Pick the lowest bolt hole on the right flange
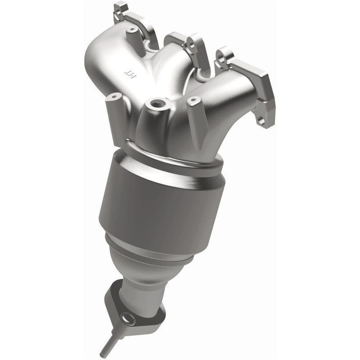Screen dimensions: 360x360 pyautogui.click(x=261, y=120)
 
